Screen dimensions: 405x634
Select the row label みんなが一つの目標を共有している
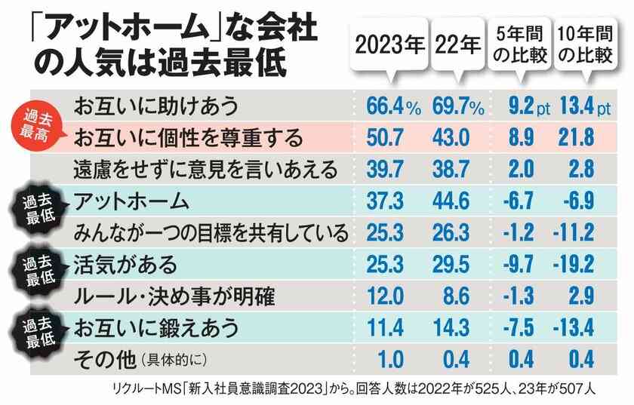pos(207,233)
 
